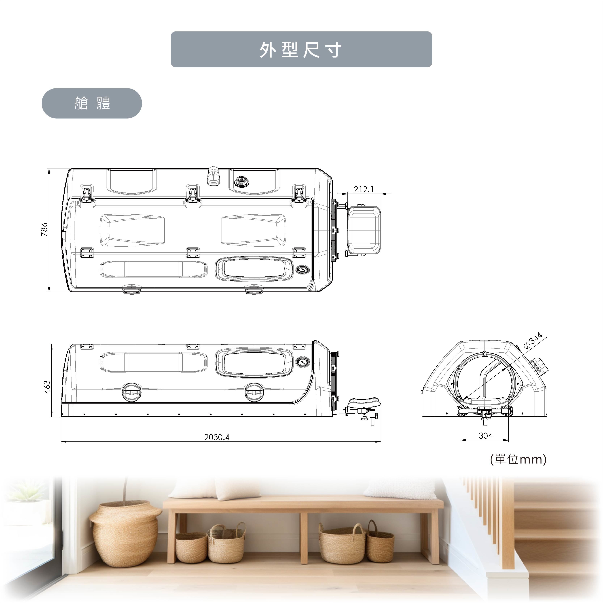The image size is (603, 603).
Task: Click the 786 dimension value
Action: click(x=44, y=229)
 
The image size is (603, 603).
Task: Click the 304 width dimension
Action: click(x=486, y=436)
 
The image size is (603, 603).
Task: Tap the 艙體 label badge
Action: click(x=92, y=103)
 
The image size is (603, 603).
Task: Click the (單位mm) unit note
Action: click(x=518, y=459)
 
